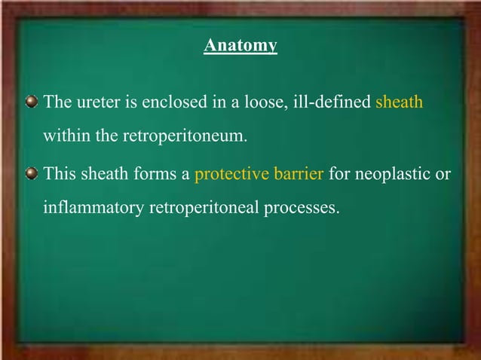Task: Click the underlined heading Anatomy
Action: pyautogui.click(x=240, y=46)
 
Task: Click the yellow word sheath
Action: pyautogui.click(x=399, y=102)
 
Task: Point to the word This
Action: pyautogui.click(x=59, y=175)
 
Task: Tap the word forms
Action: pyautogui.click(x=154, y=175)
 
